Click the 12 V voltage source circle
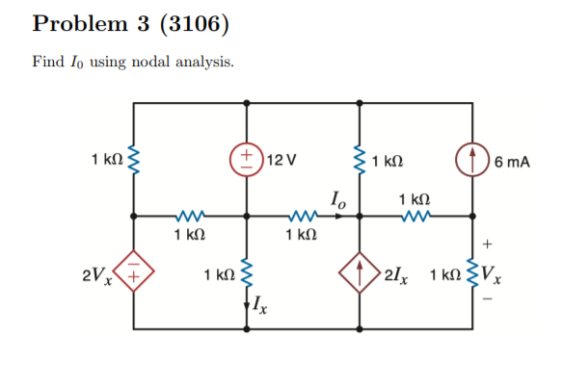[x=248, y=158]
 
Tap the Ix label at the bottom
[x=260, y=306]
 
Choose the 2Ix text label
[x=396, y=277]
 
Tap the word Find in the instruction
[x=48, y=62]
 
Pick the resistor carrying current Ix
[x=248, y=276]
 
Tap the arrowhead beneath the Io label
[x=336, y=217]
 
